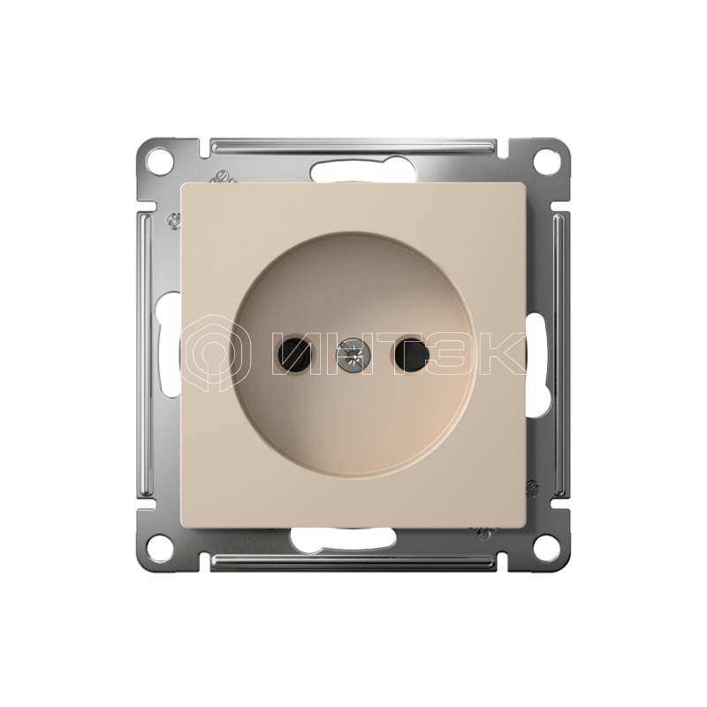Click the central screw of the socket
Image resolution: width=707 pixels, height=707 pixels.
click(x=352, y=356)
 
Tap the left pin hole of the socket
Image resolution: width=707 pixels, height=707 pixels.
click(x=294, y=353)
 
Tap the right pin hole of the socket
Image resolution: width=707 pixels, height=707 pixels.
click(x=411, y=353)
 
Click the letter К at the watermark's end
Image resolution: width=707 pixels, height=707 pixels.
click(x=500, y=353)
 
